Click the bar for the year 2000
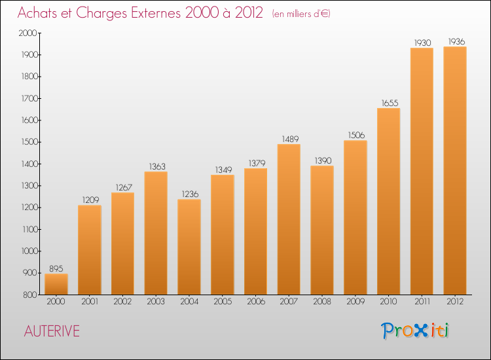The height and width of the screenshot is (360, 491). tap(56, 284)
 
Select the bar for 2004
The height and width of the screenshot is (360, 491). tap(189, 247)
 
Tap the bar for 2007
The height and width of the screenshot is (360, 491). tap(289, 219)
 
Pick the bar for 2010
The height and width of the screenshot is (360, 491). tap(388, 201)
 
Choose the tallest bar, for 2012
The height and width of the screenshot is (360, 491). tap(455, 170)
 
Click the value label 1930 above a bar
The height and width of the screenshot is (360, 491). tap(422, 43)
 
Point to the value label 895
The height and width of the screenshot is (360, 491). tap(56, 268)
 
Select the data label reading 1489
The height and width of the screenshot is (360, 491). tap(289, 139)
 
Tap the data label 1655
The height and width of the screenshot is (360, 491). tap(388, 103)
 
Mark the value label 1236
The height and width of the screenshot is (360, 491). tap(189, 194)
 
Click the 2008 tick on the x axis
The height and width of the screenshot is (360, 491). tap(322, 302)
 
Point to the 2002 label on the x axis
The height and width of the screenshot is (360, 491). tap(122, 302)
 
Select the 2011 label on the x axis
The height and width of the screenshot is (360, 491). tap(422, 302)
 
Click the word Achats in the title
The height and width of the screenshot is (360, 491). tap(41, 14)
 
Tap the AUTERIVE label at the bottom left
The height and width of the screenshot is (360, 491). tap(52, 332)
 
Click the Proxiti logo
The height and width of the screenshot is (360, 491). tap(416, 331)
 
